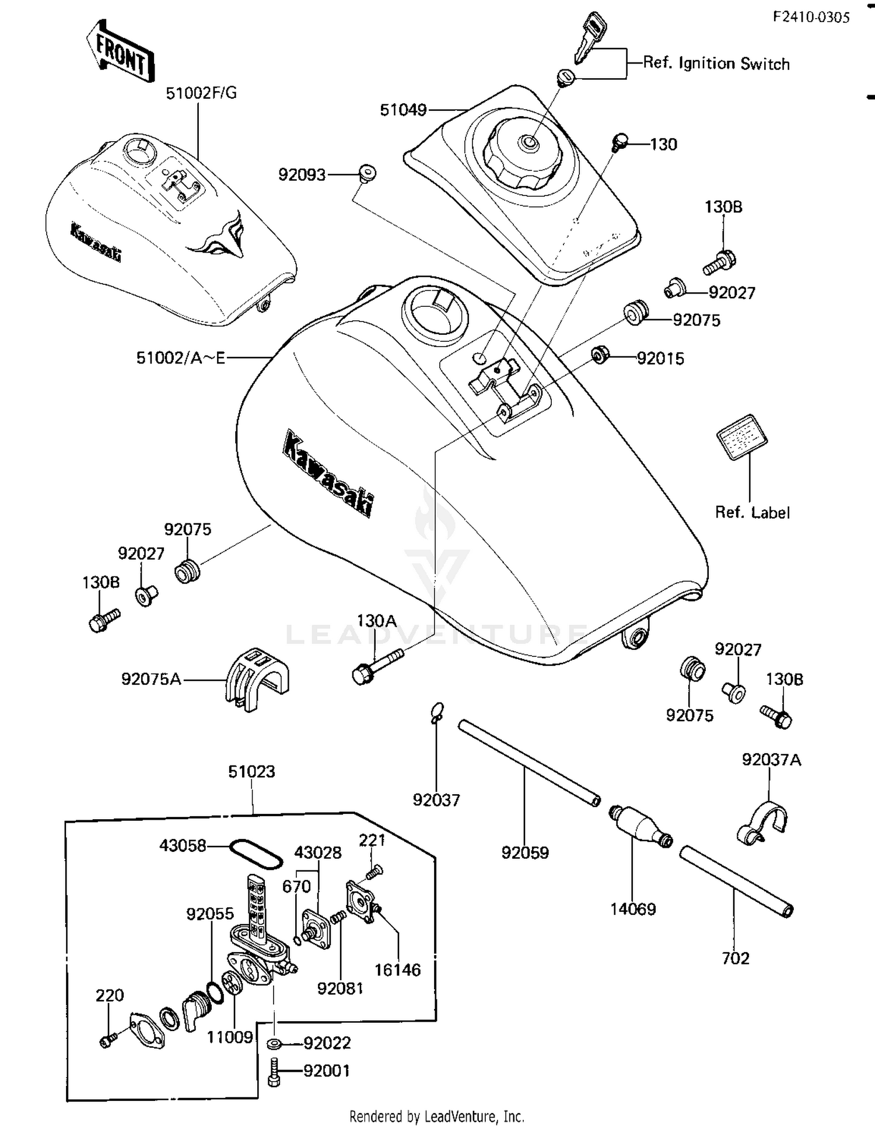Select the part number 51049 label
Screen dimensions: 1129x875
click(x=402, y=110)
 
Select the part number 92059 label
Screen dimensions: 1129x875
click(x=525, y=853)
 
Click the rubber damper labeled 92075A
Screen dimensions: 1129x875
click(x=257, y=679)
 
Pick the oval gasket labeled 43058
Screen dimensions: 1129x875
click(x=255, y=854)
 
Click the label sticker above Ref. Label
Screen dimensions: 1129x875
click(x=742, y=436)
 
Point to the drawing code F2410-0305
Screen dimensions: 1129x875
click(x=811, y=17)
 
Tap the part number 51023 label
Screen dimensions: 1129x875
click(x=251, y=771)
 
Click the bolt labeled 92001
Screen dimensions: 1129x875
click(x=274, y=1071)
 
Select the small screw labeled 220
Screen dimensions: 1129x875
click(x=107, y=1040)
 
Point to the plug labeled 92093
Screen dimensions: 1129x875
click(x=367, y=173)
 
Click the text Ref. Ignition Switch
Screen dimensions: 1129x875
click(x=716, y=64)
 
